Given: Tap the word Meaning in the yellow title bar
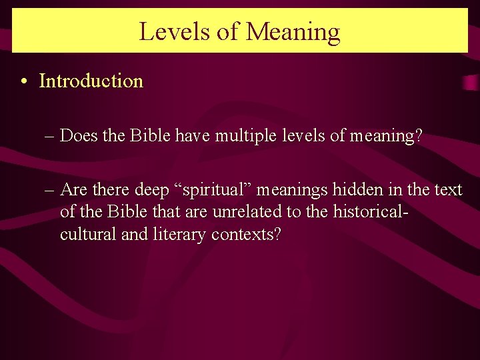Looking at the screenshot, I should [x=293, y=31].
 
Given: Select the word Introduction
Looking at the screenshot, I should [x=91, y=81].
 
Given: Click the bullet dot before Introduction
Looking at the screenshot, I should [x=23, y=82].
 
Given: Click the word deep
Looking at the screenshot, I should [x=152, y=190].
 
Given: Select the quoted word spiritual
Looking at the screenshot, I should [x=213, y=190].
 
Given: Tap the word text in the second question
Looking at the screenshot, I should [x=447, y=190].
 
